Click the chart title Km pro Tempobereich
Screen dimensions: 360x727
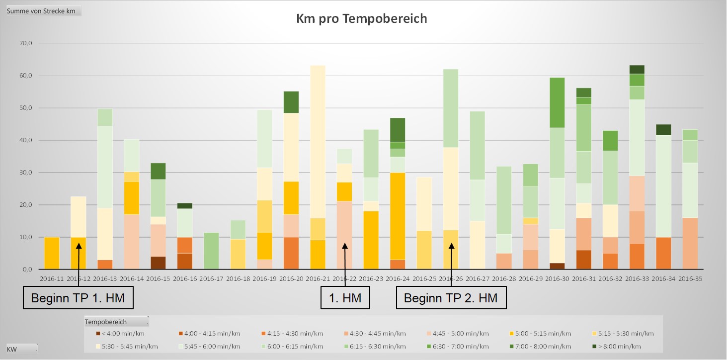(361, 19)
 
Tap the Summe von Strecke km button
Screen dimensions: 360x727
(44, 11)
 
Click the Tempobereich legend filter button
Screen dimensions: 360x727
(116, 322)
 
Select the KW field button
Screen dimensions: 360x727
(22, 349)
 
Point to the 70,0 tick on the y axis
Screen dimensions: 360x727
(26, 44)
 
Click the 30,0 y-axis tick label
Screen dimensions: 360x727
(26, 173)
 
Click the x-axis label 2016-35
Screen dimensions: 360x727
(690, 278)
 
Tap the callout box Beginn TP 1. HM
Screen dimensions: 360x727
(78, 298)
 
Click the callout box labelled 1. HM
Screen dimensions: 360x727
(346, 298)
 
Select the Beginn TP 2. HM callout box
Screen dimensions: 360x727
(451, 298)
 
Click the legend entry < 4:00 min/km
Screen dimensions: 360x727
(121, 333)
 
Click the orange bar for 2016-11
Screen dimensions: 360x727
(52, 253)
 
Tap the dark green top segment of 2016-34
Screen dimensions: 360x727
(663, 130)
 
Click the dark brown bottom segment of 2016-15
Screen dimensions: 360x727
(159, 263)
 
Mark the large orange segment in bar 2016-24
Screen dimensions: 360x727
(398, 216)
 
